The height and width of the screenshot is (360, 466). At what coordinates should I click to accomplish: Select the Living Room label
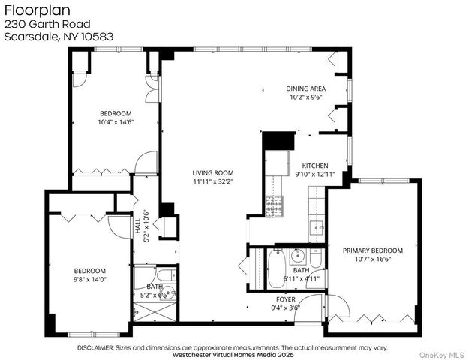212,172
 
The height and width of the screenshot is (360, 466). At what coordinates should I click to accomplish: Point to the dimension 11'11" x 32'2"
212,181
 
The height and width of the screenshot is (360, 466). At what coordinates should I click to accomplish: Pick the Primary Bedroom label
372,250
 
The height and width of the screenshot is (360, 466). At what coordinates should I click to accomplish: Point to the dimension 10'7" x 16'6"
372,259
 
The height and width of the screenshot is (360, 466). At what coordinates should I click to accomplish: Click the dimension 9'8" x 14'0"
89,280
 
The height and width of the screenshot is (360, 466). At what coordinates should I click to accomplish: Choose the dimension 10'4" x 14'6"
116,123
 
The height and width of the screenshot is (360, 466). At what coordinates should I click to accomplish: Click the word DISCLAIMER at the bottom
102,347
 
